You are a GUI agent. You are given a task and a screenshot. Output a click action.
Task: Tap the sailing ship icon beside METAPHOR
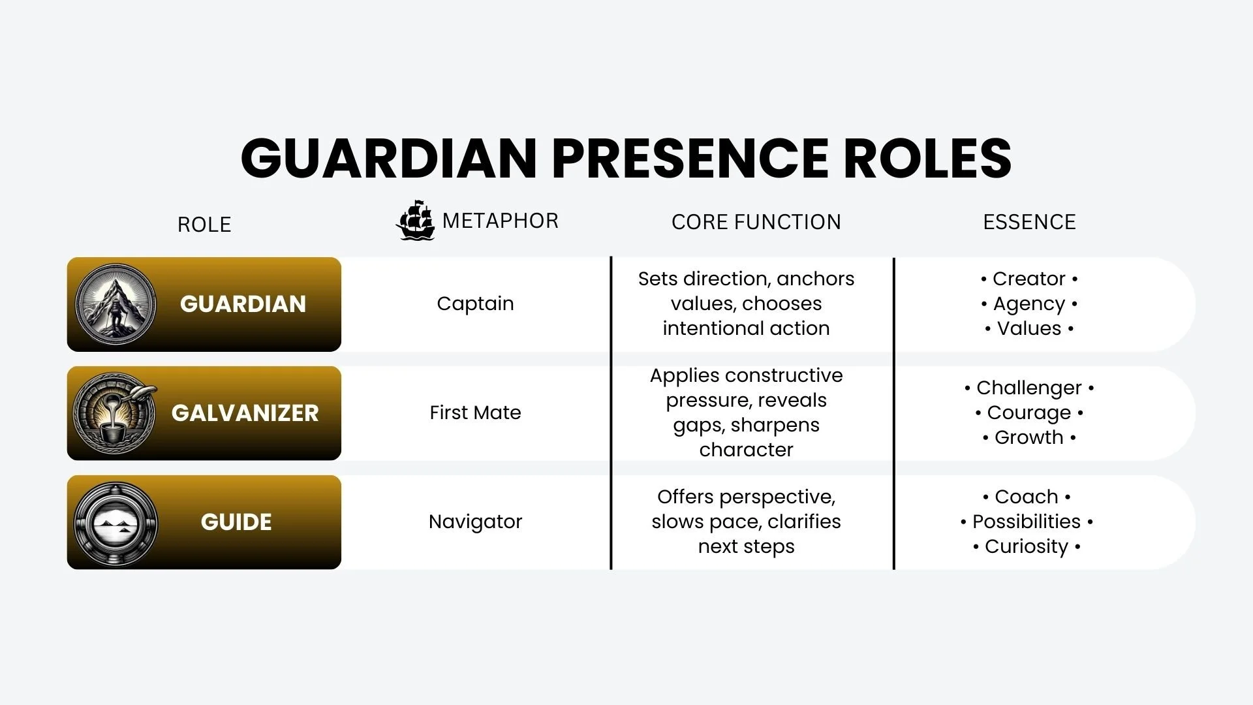[x=415, y=221]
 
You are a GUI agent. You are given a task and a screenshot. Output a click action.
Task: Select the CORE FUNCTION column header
[x=756, y=222]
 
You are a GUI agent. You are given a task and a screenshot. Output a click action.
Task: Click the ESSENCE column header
[x=1029, y=222]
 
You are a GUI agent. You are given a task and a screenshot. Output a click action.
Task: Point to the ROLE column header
[x=204, y=225]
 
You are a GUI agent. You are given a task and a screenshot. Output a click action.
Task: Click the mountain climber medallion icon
[x=116, y=304]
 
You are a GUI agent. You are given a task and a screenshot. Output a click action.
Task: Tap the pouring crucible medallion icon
[x=116, y=413]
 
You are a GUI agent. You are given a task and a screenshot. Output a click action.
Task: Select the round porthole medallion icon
[x=116, y=522]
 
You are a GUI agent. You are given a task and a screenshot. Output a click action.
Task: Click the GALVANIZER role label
[x=245, y=413]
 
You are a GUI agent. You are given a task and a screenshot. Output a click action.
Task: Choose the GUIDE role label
[x=236, y=522]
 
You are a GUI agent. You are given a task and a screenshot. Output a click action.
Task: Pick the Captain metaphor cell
[x=475, y=304]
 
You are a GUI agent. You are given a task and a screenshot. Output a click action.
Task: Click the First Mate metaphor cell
[x=475, y=413]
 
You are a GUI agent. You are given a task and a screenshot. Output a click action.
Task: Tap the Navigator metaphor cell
[x=475, y=522]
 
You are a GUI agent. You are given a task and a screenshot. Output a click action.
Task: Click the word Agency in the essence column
[x=1029, y=304]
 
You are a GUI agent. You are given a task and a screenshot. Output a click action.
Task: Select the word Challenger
[x=1029, y=388]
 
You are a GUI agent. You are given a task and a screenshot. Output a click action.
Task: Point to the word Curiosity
[x=1027, y=546]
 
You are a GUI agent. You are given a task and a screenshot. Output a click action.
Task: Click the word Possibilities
[x=1027, y=522]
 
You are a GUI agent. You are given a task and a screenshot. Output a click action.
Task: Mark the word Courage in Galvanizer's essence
[x=1029, y=413]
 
